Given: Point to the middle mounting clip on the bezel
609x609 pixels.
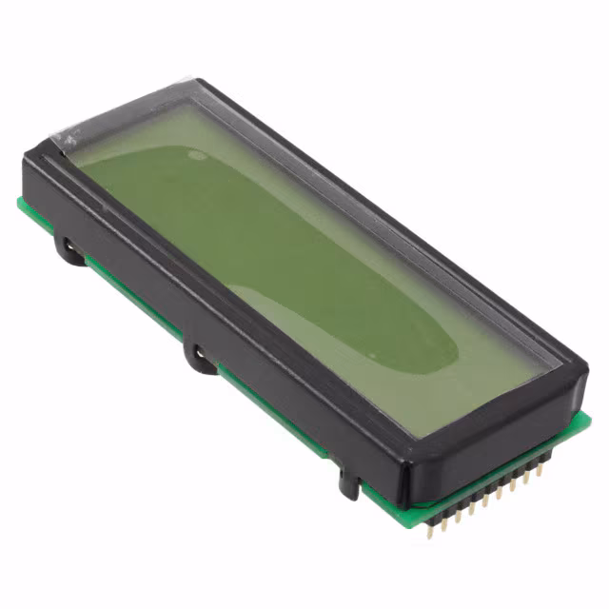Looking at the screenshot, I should tap(199, 357).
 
